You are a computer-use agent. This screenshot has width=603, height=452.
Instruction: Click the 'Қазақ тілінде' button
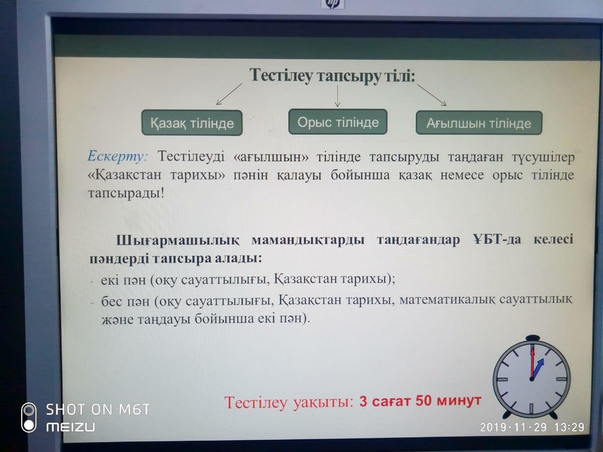(192, 123)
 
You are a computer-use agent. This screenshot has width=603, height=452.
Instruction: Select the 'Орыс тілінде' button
(338, 122)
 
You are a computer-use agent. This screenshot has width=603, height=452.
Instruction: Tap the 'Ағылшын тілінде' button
(479, 123)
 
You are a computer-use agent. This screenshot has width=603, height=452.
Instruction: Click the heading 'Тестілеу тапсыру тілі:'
(332, 75)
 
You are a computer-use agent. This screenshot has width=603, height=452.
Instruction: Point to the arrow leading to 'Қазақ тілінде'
(228, 94)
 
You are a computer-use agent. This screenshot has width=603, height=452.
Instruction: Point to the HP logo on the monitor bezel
(333, 4)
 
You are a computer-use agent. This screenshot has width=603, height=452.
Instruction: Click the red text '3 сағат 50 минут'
(420, 401)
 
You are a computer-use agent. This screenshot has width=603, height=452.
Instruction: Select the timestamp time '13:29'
(569, 427)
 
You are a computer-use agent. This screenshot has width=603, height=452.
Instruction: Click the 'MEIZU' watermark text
(71, 427)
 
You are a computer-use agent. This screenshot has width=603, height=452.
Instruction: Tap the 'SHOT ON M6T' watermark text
(98, 410)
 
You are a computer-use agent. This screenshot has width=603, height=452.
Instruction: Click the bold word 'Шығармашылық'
(178, 240)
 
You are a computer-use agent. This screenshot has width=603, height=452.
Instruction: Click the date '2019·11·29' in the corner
(513, 427)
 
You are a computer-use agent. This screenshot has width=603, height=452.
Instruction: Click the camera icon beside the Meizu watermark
(29, 417)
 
